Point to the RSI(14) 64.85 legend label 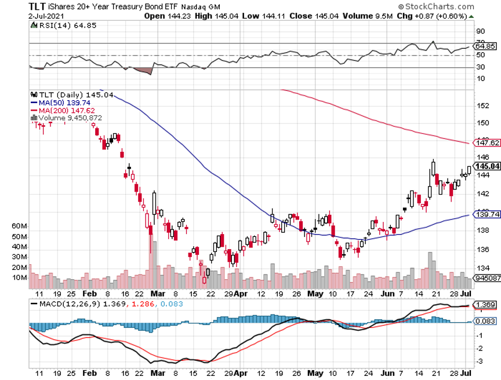(59, 25)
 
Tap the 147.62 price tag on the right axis (487, 142)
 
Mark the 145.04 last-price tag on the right (487, 166)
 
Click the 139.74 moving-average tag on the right (487, 214)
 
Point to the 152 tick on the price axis (482, 105)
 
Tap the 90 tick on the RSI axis (480, 31)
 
